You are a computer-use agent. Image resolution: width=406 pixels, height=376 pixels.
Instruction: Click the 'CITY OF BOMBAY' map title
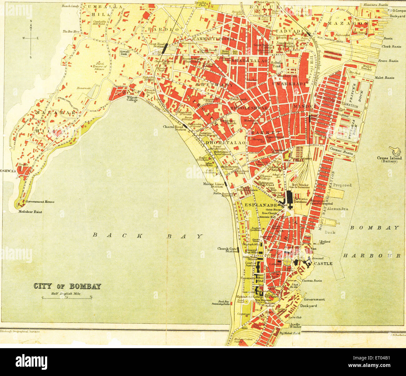(x=67, y=286)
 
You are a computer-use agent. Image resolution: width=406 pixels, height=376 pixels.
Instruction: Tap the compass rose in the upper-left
(x=31, y=38)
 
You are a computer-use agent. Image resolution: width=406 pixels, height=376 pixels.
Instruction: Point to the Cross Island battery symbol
(x=395, y=151)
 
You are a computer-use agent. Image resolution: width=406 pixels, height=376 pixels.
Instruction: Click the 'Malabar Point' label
(x=30, y=212)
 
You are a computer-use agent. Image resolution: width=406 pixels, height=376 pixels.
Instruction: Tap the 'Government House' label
(x=40, y=202)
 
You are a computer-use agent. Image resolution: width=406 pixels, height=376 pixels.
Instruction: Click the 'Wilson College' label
(x=132, y=99)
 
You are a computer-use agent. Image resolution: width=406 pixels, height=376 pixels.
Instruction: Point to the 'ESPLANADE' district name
(x=255, y=205)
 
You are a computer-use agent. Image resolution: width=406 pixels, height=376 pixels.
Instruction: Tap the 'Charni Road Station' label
(x=173, y=128)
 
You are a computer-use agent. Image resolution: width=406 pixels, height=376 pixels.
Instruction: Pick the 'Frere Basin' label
(x=388, y=61)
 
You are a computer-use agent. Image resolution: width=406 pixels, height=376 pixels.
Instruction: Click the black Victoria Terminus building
(x=289, y=197)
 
